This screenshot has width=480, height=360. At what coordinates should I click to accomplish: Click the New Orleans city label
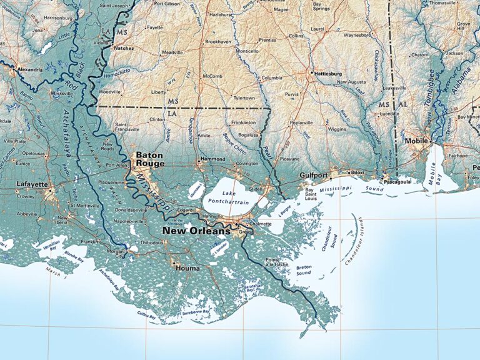pyautogui.click(x=196, y=231)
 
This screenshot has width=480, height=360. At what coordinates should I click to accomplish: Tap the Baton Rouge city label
pyautogui.click(x=150, y=159)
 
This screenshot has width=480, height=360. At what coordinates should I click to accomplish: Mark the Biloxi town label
pyautogui.click(x=357, y=171)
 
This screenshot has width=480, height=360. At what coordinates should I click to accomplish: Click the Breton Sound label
pyautogui.click(x=304, y=269)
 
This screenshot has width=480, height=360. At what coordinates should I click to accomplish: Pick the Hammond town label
pyautogui.click(x=212, y=159)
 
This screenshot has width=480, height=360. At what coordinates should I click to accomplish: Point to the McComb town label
pyautogui.click(x=212, y=76)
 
